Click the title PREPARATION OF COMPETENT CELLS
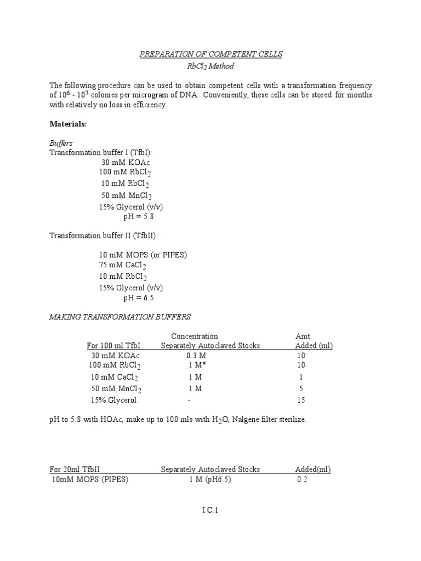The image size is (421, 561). click(210, 54)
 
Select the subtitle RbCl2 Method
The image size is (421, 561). click(210, 67)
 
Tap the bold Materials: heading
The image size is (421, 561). click(68, 124)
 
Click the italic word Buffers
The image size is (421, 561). click(61, 143)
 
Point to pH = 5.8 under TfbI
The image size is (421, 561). click(138, 216)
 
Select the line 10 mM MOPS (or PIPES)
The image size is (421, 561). click(144, 255)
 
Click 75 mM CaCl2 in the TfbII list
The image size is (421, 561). click(123, 266)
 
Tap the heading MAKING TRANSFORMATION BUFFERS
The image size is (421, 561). click(120, 317)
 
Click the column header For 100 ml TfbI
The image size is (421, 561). click(113, 346)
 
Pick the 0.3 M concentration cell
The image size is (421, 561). click(195, 356)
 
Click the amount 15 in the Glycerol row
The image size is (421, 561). click(301, 400)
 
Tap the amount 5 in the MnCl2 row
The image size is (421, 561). click(301, 388)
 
